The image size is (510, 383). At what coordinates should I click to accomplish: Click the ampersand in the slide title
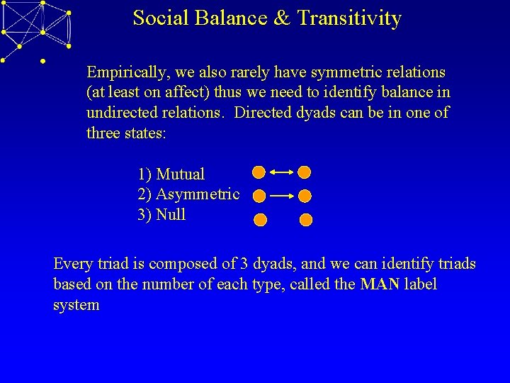click(x=282, y=18)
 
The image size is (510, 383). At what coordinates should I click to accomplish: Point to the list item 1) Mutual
click(x=171, y=174)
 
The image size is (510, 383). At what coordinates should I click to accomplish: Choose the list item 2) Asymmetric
click(x=188, y=194)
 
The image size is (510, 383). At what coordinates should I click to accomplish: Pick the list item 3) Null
click(x=161, y=215)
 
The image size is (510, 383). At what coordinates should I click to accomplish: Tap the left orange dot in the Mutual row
click(x=259, y=172)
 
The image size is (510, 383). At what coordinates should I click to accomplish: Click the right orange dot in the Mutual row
click(x=304, y=172)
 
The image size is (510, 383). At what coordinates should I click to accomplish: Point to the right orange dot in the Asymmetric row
click(x=305, y=196)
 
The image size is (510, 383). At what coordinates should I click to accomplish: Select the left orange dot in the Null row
click(x=261, y=220)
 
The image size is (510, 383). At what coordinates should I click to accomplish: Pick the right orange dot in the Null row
click(x=305, y=220)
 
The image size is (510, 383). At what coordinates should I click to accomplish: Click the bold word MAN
click(x=379, y=284)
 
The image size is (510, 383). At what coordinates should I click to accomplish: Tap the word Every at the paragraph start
click(x=72, y=264)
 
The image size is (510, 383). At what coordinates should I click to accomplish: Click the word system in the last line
click(x=76, y=306)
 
